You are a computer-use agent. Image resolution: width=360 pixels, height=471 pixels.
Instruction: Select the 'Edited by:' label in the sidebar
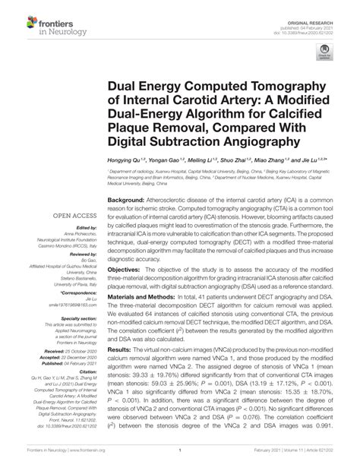[74, 229]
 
